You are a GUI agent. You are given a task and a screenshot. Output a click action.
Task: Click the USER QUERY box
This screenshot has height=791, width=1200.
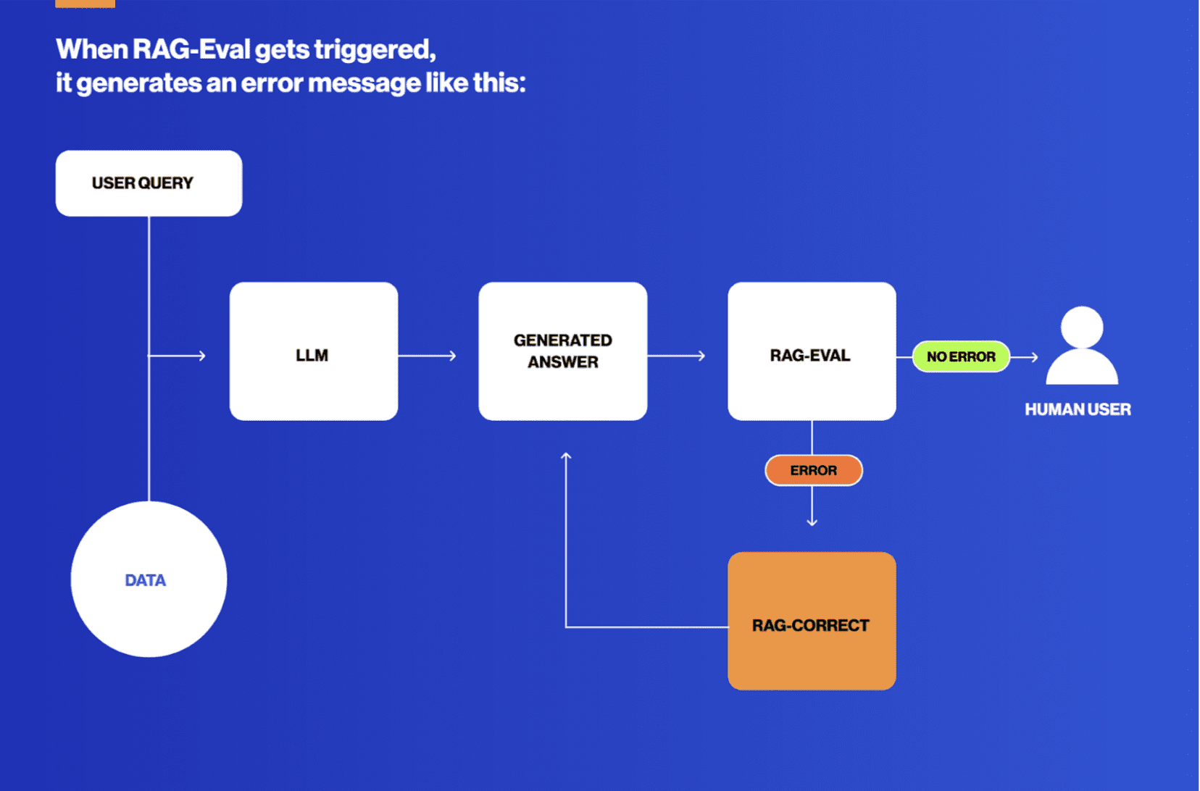(149, 183)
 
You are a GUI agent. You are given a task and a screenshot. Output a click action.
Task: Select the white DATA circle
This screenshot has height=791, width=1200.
(149, 579)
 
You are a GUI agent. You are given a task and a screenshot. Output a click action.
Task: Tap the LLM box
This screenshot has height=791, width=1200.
(313, 351)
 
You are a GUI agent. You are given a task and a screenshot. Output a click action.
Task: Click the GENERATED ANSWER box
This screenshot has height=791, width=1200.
(562, 351)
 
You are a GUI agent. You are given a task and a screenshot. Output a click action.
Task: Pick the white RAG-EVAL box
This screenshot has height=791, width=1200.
(812, 351)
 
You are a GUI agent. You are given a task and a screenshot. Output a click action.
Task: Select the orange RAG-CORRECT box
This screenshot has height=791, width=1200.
(812, 621)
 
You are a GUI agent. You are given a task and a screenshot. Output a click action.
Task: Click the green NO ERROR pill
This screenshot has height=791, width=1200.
(961, 356)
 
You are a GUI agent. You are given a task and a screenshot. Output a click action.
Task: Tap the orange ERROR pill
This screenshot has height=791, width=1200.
(813, 471)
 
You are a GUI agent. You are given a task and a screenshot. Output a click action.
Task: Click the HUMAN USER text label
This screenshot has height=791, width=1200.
(1078, 409)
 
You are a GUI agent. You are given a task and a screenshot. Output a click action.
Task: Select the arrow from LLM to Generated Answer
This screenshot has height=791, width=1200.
(428, 356)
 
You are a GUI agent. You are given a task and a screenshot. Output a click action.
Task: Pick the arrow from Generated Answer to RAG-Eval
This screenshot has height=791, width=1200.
(677, 356)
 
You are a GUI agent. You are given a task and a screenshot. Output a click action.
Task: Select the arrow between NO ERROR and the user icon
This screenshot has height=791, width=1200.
(1025, 356)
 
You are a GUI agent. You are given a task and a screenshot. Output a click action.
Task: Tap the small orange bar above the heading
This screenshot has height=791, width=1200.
(85, 4)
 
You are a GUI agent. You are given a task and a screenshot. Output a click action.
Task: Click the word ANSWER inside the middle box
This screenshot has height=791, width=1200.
(562, 362)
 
